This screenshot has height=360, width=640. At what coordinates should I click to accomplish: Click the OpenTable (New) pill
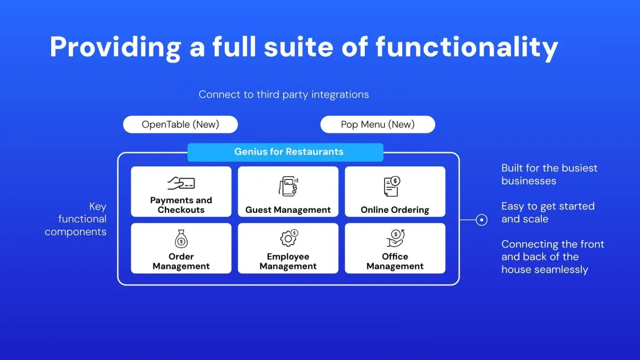[180, 124]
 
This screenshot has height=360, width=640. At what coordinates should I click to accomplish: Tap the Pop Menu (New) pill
[378, 124]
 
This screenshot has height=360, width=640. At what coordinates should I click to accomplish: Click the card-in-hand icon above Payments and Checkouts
[181, 183]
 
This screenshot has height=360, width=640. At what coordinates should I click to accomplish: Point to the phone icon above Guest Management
[289, 186]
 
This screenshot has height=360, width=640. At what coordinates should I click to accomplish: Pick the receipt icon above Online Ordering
[392, 186]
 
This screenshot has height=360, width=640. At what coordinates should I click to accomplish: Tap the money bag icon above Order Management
[181, 238]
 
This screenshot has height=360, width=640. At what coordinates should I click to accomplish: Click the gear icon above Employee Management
[289, 238]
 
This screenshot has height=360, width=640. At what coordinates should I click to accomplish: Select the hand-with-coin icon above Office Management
[395, 238]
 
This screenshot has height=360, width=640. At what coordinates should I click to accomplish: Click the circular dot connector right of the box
[482, 220]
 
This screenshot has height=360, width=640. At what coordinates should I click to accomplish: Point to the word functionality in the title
[467, 47]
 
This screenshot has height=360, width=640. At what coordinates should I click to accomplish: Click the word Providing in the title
[115, 47]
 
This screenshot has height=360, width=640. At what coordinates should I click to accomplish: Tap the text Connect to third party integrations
[284, 94]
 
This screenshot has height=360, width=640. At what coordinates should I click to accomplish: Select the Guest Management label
[288, 210]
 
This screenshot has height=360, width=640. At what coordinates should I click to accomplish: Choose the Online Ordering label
[395, 210]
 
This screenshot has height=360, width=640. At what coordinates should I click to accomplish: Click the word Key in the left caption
[98, 206]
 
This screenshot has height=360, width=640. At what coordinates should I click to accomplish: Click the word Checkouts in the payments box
[181, 210]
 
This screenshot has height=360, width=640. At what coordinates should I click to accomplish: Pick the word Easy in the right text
[514, 206]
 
